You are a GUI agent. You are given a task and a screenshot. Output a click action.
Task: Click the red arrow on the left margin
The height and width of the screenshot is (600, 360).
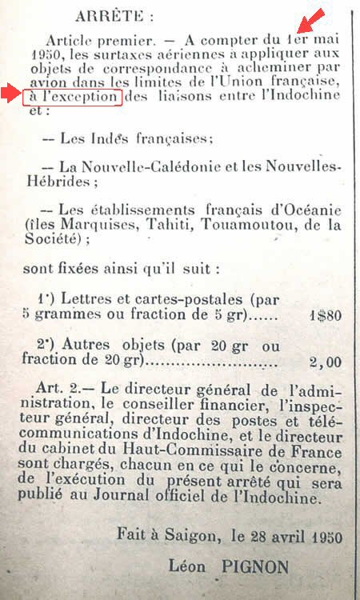(x=12, y=94)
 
